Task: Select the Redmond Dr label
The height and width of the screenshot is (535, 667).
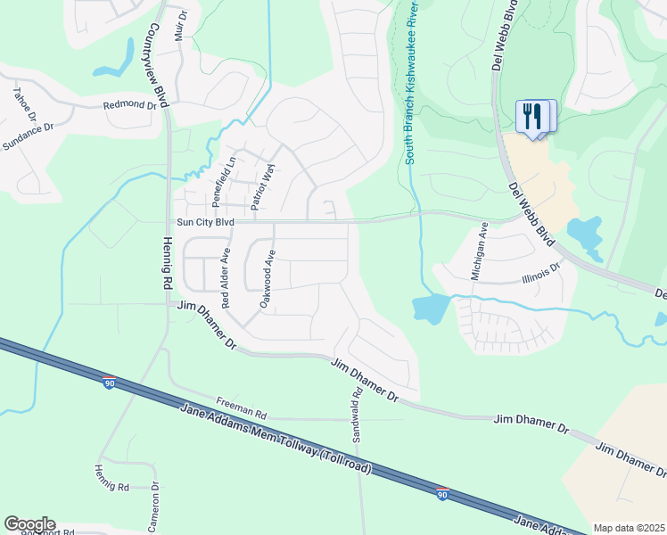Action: coord(130,105)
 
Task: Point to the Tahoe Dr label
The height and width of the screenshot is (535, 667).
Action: coord(24,104)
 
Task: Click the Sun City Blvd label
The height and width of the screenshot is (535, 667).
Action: coord(204,221)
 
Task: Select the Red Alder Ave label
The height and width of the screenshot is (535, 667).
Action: coord(226,277)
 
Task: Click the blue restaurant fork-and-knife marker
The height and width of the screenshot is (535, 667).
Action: coord(533,117)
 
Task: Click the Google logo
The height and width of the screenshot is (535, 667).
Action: coord(29,524)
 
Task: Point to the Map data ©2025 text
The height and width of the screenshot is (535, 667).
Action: coord(630,528)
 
